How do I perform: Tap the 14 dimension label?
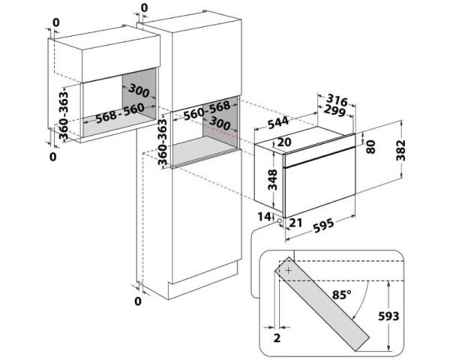point(262,216)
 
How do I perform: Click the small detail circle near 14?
point(280,221)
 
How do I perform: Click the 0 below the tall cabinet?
point(137,301)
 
